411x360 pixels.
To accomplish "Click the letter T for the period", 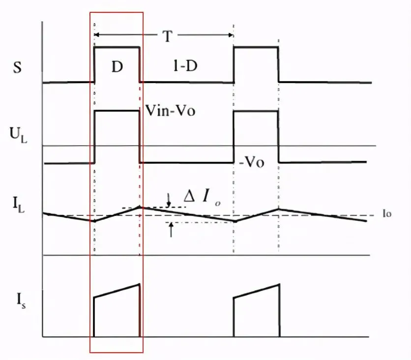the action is tap(167, 36).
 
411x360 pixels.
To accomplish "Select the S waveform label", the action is tap(17, 67).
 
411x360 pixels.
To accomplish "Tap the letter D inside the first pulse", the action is tap(117, 66).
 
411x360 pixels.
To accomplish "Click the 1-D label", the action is tap(185, 65).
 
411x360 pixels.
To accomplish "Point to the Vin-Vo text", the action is tap(171, 110).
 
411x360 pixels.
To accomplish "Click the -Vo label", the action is tap(252, 162).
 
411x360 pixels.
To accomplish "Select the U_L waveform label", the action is tap(18, 135).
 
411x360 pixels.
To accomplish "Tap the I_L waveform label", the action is tap(19, 205).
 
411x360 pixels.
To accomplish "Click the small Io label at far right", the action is tap(387, 214).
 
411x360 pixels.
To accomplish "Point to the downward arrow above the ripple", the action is tap(169, 200).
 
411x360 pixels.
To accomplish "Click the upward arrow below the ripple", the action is tap(171, 230).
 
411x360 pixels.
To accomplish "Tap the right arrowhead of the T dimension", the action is tap(231, 35).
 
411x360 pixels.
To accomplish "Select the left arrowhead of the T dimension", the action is tap(97, 34).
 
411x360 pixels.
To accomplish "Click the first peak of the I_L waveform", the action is tap(140, 207).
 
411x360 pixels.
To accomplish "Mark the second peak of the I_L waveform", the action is tap(279, 209).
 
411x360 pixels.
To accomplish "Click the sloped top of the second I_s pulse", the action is tap(257, 291).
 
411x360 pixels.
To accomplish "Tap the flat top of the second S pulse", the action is tap(256, 47).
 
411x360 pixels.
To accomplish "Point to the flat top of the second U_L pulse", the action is tap(256, 111).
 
